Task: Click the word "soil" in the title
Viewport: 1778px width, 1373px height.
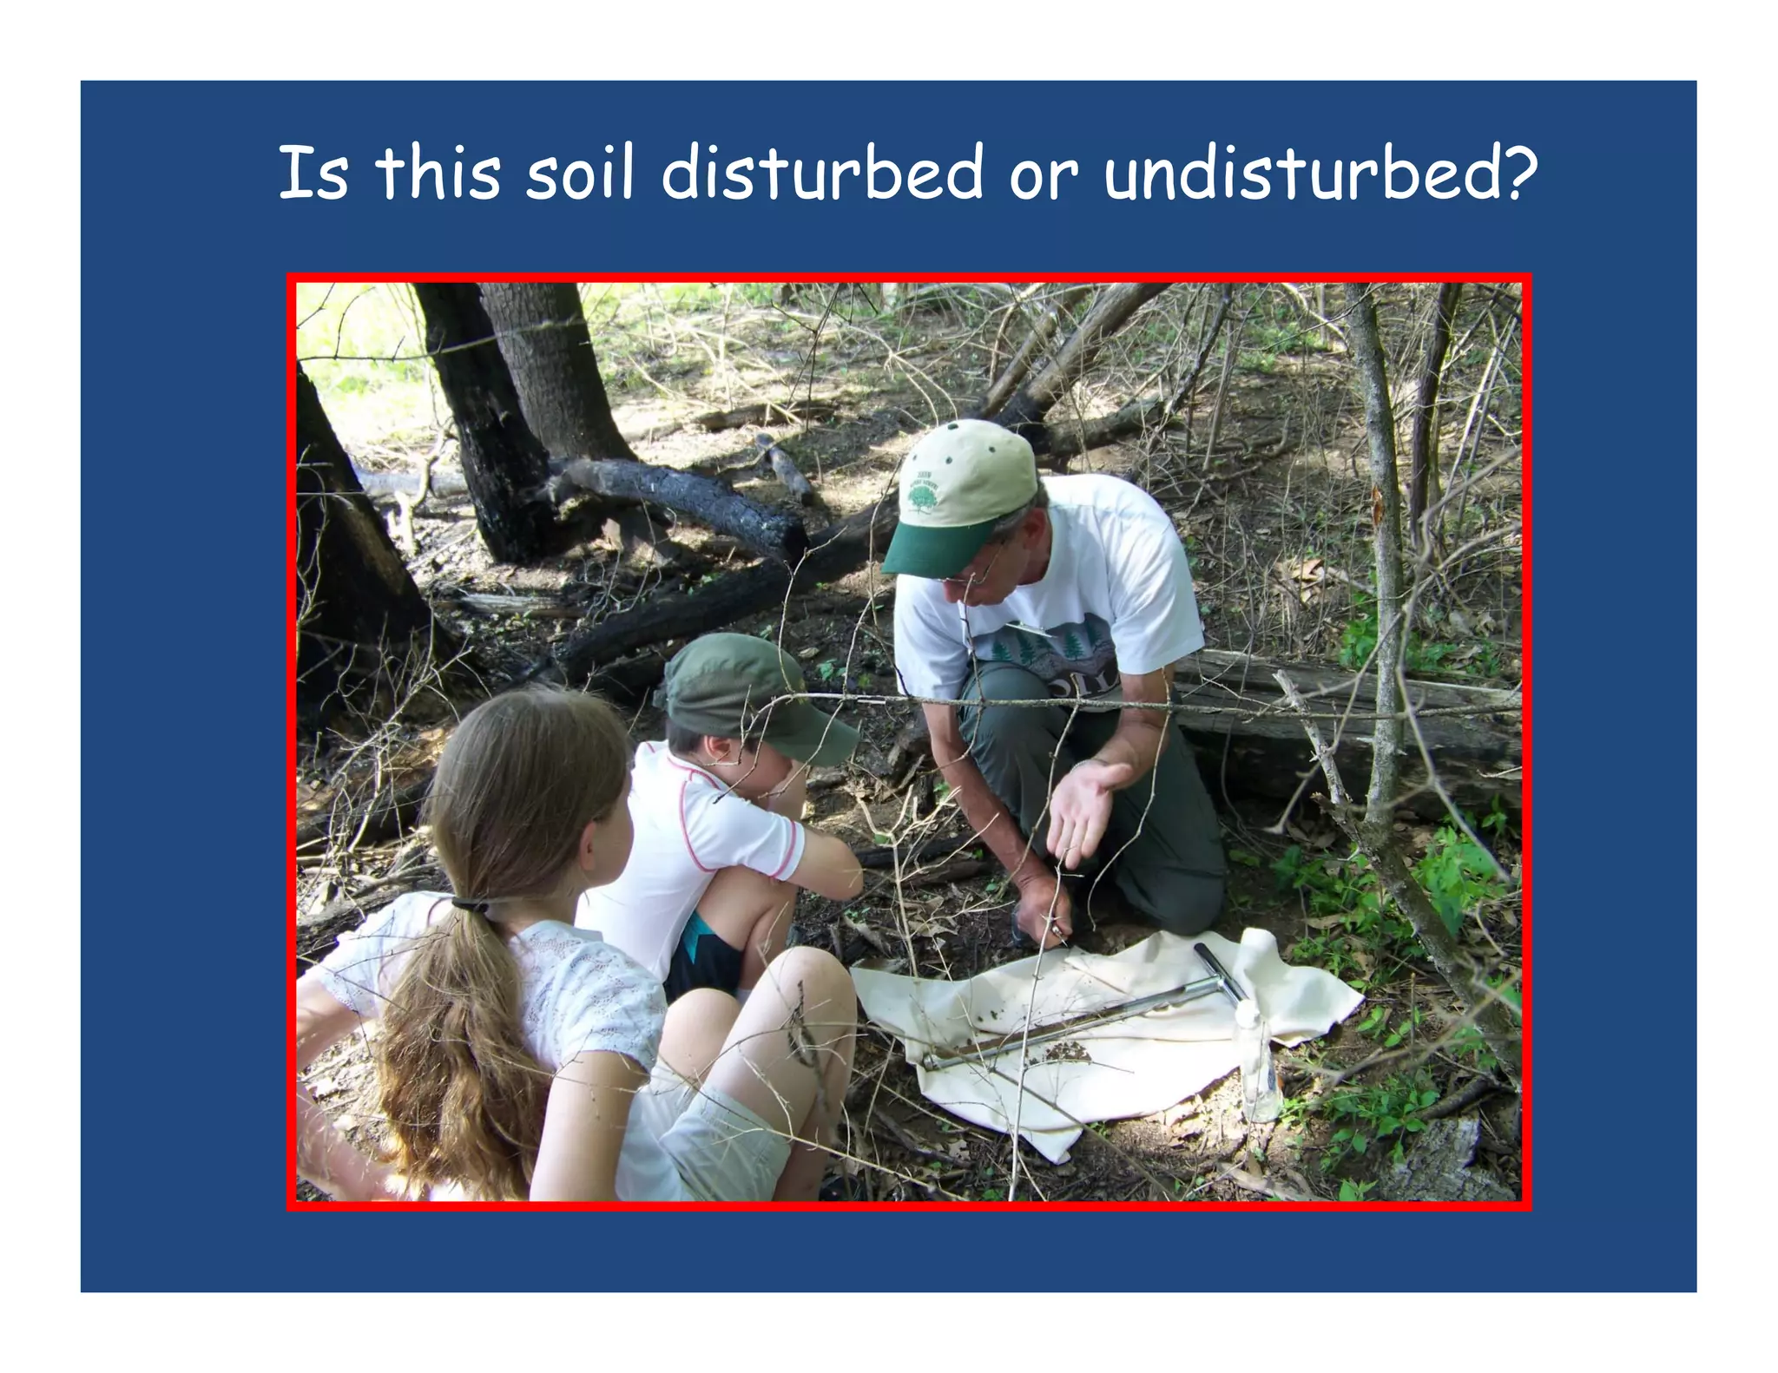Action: click(580, 173)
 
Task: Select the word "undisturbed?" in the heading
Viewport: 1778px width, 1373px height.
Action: click(1320, 173)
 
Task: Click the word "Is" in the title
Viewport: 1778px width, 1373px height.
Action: click(313, 173)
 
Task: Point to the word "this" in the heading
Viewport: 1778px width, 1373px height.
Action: click(438, 173)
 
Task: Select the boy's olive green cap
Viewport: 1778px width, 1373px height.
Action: click(747, 690)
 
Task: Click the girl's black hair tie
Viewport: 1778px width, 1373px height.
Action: click(470, 905)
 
